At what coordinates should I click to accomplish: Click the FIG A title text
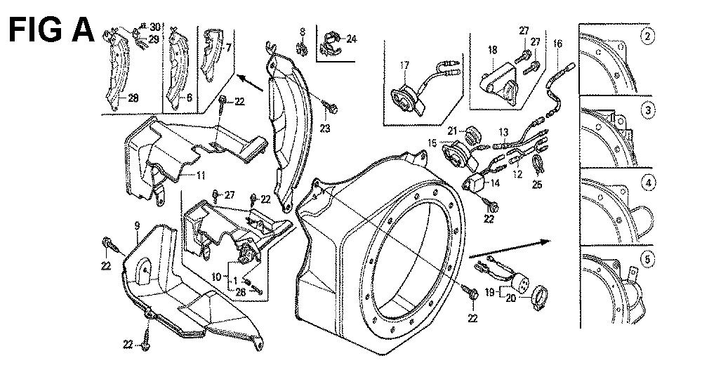tap(51, 29)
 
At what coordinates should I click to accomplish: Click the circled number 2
tap(647, 37)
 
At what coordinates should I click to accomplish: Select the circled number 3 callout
tap(647, 110)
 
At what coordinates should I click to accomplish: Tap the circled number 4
tap(647, 183)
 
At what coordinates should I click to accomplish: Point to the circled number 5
tap(647, 259)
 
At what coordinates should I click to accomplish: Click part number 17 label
tap(404, 65)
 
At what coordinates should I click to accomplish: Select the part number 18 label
tap(493, 50)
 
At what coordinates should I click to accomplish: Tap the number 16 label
tap(557, 44)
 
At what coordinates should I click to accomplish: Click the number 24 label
tap(352, 39)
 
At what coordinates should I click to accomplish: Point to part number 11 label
tap(201, 175)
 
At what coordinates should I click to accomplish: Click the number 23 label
tap(324, 128)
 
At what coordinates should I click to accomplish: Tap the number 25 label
tap(537, 184)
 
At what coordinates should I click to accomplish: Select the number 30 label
tap(155, 27)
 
